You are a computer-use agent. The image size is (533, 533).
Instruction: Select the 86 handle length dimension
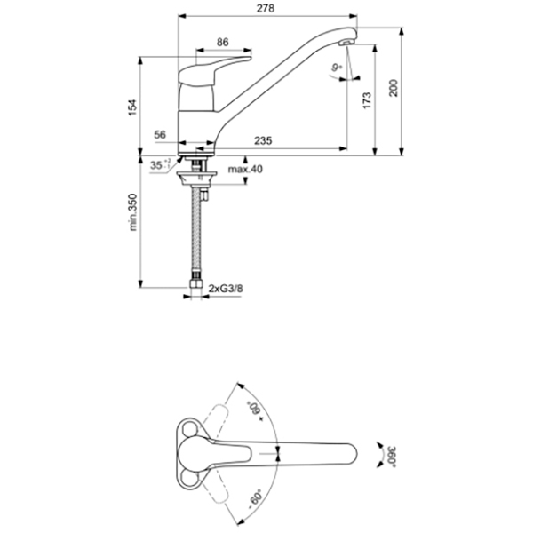(222, 41)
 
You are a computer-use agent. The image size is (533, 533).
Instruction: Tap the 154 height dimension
(132, 107)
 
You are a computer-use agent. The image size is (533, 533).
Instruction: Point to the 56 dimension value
(160, 134)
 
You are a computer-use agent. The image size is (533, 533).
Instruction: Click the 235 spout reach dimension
(264, 140)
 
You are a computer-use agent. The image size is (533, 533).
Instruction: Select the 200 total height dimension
(394, 87)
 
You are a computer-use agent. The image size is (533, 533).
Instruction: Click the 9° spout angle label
(337, 68)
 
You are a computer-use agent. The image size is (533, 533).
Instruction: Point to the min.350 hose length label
(132, 213)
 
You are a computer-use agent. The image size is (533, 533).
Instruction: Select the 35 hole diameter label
(157, 165)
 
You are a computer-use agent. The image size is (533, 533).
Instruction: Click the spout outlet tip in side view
(347, 44)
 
